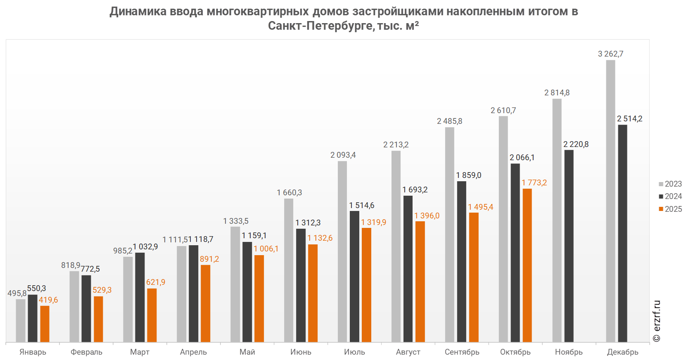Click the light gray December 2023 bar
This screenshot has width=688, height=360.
coord(610,201)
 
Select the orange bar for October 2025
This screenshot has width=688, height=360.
coord(527,265)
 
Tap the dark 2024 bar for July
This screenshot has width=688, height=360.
coord(354,277)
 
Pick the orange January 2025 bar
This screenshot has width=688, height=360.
coord(45,324)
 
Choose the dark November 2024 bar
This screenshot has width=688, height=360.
coord(569,246)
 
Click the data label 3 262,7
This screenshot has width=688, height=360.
coord(611,54)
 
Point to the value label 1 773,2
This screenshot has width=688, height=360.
coord(534,183)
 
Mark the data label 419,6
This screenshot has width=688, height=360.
coord(48,300)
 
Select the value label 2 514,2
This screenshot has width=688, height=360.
coord(630,119)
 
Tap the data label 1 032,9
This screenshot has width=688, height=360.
coord(145,246)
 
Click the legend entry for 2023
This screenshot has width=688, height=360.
coord(670,184)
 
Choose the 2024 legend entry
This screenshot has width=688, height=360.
coord(670,196)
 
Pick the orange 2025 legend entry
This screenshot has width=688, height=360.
coord(670,209)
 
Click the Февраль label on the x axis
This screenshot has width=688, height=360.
coord(86,352)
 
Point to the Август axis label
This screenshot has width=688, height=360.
coord(408,352)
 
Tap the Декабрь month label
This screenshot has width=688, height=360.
coord(623,352)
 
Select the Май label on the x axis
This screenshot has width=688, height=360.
coord(247,352)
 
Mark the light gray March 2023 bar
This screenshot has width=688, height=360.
coord(128,299)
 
